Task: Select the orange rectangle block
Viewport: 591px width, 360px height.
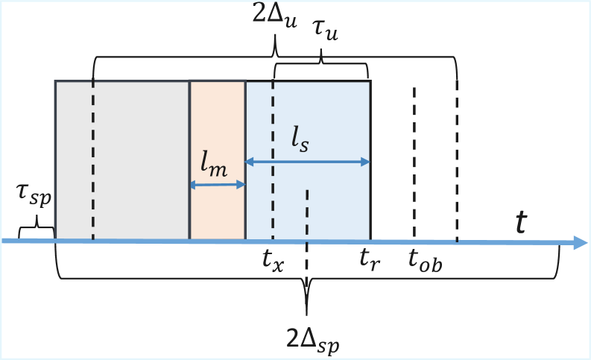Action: (218, 127)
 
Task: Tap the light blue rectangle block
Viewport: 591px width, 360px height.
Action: (328, 119)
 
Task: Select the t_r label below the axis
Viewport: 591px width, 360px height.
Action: (370, 261)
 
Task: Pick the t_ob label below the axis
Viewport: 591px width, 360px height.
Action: (425, 261)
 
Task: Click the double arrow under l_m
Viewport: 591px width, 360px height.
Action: (218, 185)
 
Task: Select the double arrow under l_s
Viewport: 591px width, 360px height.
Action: (308, 162)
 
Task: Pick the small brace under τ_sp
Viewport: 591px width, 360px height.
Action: (36, 230)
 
